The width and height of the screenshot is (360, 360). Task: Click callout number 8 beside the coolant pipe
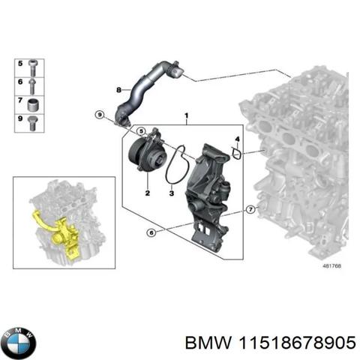118,90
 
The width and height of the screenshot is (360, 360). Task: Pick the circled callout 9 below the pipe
100,114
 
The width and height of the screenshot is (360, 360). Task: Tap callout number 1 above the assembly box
186,115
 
